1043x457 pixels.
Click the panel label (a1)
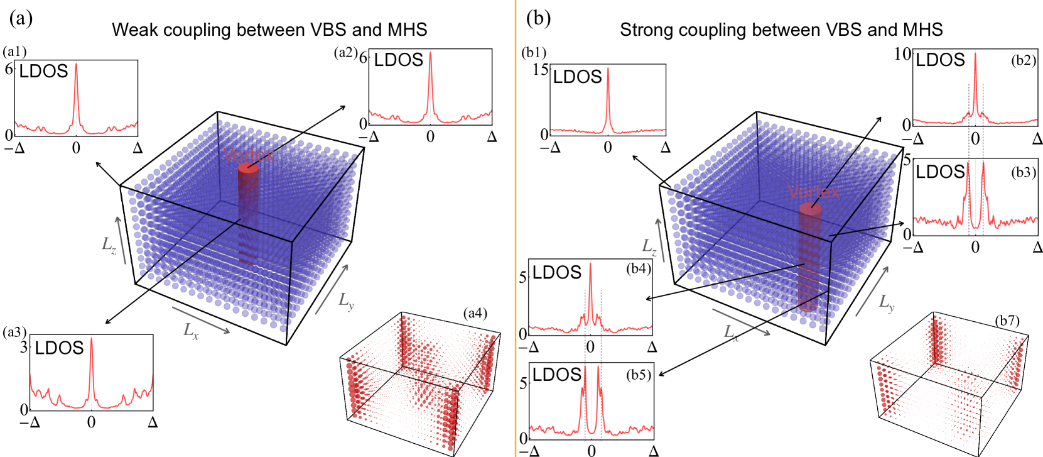(14, 52)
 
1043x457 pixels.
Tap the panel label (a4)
(475, 313)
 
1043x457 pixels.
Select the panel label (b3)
(1024, 172)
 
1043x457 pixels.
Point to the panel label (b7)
(1007, 321)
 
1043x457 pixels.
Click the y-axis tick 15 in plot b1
(540, 69)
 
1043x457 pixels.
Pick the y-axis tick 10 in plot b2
(902, 54)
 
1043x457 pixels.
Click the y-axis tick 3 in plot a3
(24, 347)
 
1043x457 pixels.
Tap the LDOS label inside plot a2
(399, 60)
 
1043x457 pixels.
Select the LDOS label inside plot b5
(557, 375)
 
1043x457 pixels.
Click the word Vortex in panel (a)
(249, 155)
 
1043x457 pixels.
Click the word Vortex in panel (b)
(813, 192)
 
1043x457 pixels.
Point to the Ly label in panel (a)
(346, 301)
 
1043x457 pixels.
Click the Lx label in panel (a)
(191, 330)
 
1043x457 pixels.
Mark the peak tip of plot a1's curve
(76, 63)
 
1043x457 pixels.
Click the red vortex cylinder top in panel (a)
(248, 168)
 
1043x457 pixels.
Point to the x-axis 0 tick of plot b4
(590, 347)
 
